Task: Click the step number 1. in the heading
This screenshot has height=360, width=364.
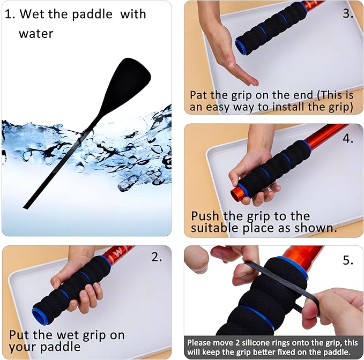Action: [x=10, y=14]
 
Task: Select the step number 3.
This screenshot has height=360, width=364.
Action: [x=348, y=13]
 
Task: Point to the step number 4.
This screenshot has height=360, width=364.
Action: [x=348, y=138]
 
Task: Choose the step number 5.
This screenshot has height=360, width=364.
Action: [x=348, y=260]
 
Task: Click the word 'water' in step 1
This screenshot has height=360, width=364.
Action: [x=36, y=34]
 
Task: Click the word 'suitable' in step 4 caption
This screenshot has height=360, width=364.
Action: [x=214, y=228]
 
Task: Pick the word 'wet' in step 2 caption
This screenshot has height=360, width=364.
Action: [x=69, y=336]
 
